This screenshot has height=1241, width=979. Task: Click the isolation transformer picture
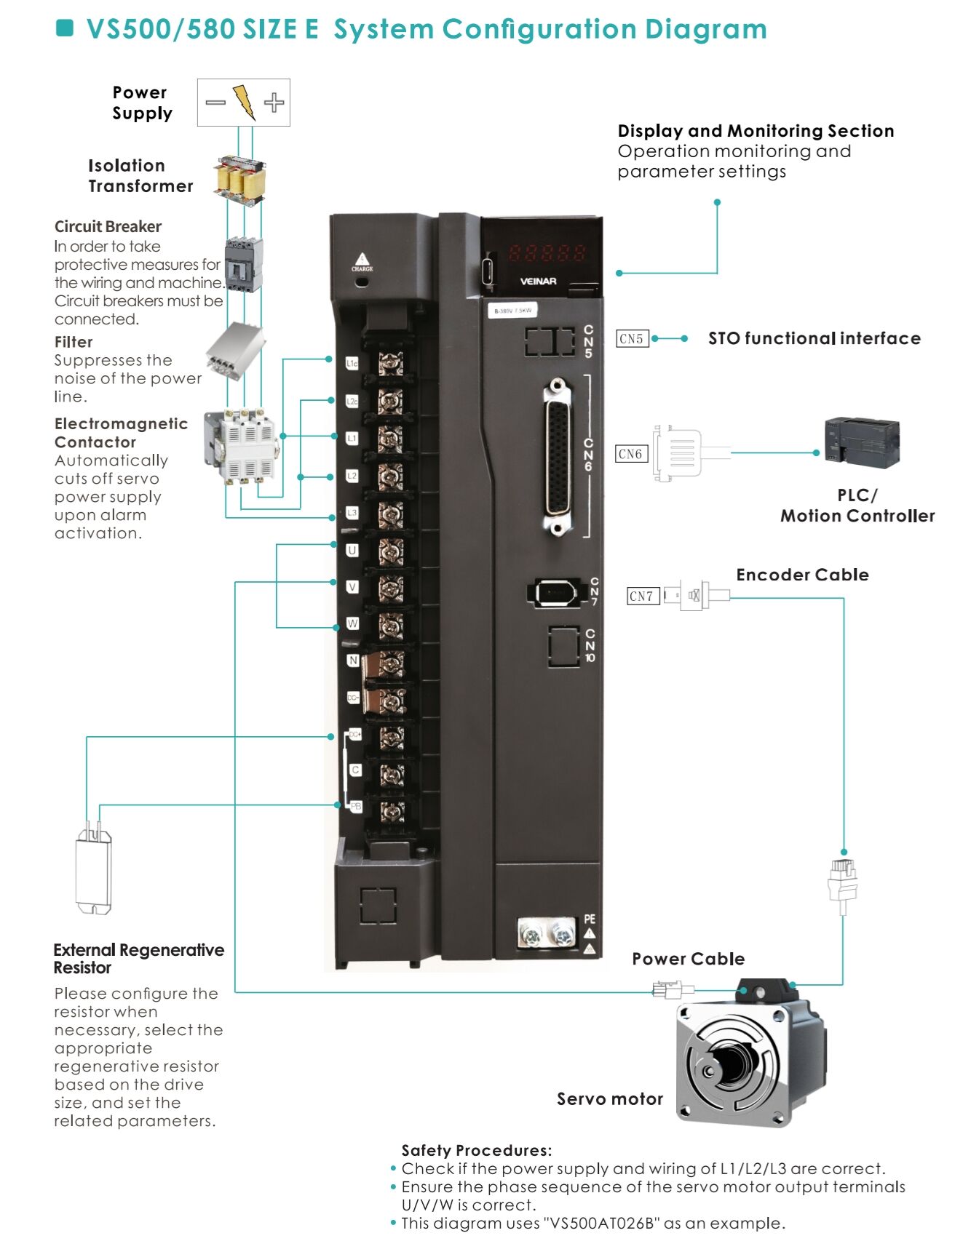[240, 180]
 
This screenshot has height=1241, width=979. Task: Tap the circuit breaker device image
[243, 265]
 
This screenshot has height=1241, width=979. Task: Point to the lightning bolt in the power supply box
[245, 103]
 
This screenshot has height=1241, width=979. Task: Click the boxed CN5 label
[631, 338]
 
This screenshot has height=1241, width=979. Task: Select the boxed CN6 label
[630, 454]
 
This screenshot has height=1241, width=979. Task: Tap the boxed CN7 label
[642, 596]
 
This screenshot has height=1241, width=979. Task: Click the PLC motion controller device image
[861, 442]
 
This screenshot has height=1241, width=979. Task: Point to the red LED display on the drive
[547, 252]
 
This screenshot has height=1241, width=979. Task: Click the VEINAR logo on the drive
[538, 282]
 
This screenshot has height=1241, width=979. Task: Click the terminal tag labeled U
[352, 550]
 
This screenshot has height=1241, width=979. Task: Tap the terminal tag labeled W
[352, 623]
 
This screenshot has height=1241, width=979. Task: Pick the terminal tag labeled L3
[352, 513]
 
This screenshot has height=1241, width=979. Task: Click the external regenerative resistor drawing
[94, 872]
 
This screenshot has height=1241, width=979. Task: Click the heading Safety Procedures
[476, 1150]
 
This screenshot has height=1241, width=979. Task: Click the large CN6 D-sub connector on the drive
[557, 457]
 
